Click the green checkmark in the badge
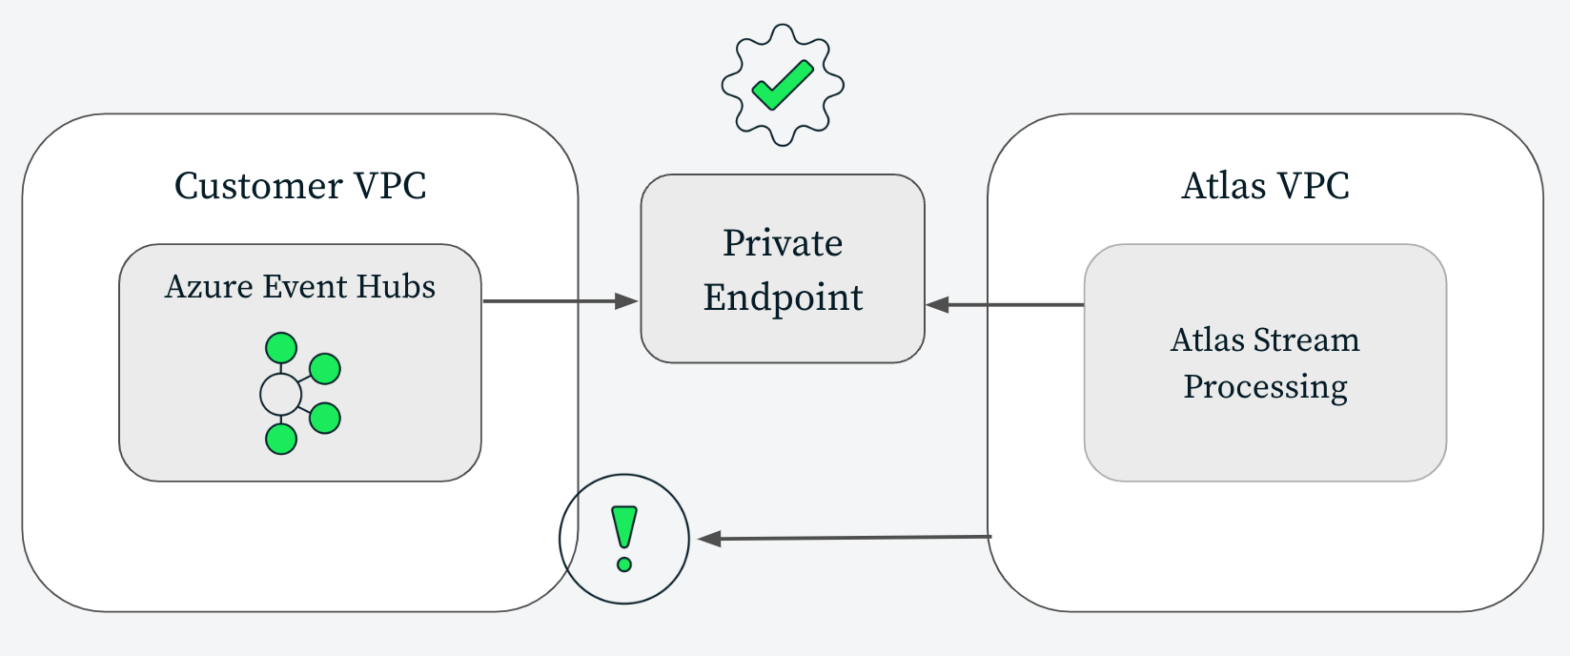[x=782, y=85]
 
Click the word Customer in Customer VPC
[x=258, y=186]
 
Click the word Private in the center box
[x=783, y=243]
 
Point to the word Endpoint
[x=783, y=297]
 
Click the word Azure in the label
[x=209, y=287]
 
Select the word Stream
[x=1306, y=340]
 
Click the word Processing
[x=1265, y=387]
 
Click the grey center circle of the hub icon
[x=280, y=394]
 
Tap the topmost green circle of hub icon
[x=281, y=348]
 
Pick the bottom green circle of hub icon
[x=281, y=439]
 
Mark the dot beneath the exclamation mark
[x=624, y=564]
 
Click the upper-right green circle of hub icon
[x=325, y=368]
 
